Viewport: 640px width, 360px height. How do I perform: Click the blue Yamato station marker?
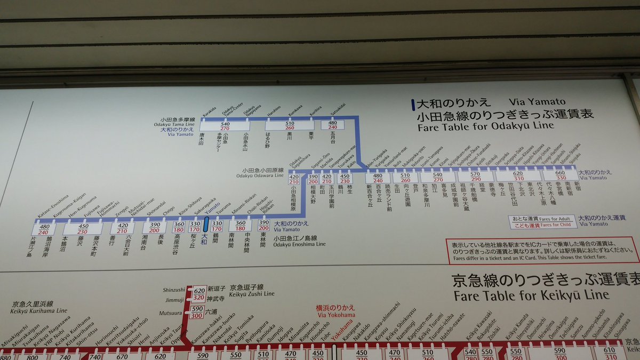(x=206, y=224)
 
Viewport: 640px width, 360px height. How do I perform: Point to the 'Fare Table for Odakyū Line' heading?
(x=485, y=126)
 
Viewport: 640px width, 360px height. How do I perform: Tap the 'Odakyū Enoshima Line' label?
(x=300, y=244)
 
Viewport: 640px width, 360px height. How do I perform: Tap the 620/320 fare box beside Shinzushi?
(x=199, y=294)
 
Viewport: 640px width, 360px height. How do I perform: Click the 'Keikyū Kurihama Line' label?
(x=39, y=310)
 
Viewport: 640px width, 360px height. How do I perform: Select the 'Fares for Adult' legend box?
(x=542, y=219)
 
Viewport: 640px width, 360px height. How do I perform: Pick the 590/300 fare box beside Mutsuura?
(x=196, y=313)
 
